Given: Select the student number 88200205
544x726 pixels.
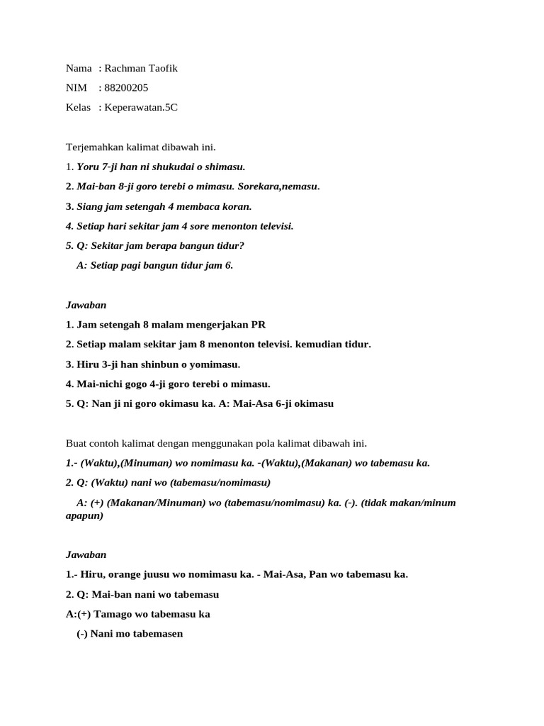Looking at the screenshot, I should (x=126, y=88).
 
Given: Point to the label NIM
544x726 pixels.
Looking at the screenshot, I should (x=76, y=88).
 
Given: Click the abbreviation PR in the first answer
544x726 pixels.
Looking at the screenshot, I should (x=258, y=325).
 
